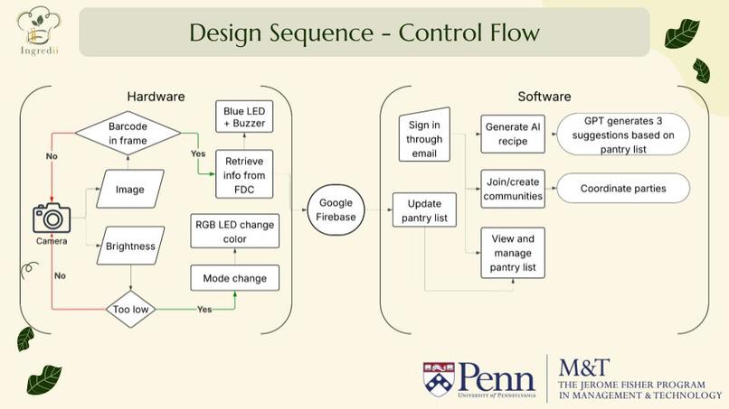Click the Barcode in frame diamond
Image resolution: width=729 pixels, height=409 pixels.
click(x=128, y=134)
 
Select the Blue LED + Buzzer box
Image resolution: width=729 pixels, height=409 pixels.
click(x=244, y=117)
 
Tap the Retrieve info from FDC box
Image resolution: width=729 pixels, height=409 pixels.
click(x=244, y=174)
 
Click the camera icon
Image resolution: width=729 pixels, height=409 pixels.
click(x=52, y=218)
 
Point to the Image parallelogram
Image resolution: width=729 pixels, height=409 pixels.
click(x=130, y=189)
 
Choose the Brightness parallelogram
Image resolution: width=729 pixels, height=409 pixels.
click(x=130, y=246)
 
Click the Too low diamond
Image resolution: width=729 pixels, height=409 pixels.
click(x=130, y=309)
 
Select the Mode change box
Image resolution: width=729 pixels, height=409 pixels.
click(x=235, y=278)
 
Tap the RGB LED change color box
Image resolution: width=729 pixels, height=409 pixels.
click(x=235, y=231)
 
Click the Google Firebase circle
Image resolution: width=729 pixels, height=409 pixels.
click(x=336, y=209)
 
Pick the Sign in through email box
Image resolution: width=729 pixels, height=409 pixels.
click(x=424, y=135)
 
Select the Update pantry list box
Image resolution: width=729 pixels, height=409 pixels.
click(x=424, y=209)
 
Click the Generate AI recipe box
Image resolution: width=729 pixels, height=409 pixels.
click(x=513, y=135)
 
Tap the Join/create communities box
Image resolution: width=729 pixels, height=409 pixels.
click(x=513, y=189)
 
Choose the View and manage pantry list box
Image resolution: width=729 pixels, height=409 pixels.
click(x=513, y=253)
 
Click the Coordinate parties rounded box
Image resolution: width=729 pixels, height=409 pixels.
click(x=623, y=188)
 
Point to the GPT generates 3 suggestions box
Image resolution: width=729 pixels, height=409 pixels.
click(x=623, y=135)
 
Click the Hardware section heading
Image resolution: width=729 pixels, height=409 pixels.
click(x=156, y=97)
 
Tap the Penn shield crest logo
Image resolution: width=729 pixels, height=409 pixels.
click(x=439, y=377)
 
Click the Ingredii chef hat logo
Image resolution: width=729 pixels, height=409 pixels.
click(x=39, y=31)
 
